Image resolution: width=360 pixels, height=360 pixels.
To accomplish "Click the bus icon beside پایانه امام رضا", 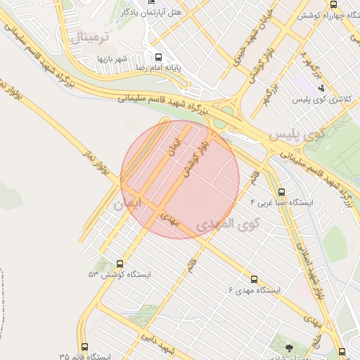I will click(x=158, y=57).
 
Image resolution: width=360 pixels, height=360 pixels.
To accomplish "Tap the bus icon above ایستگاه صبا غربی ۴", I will click(x=282, y=191).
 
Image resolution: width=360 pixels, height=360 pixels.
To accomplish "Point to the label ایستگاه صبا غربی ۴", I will click(x=281, y=202).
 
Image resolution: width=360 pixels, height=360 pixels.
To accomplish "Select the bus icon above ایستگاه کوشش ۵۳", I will click(x=120, y=263).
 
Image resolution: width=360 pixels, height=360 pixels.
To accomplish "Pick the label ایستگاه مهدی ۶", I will click(x=254, y=290).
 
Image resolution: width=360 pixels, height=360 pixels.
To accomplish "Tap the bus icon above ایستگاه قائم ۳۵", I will click(x=84, y=347).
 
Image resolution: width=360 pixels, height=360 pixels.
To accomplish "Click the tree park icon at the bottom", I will click(x=290, y=347).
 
